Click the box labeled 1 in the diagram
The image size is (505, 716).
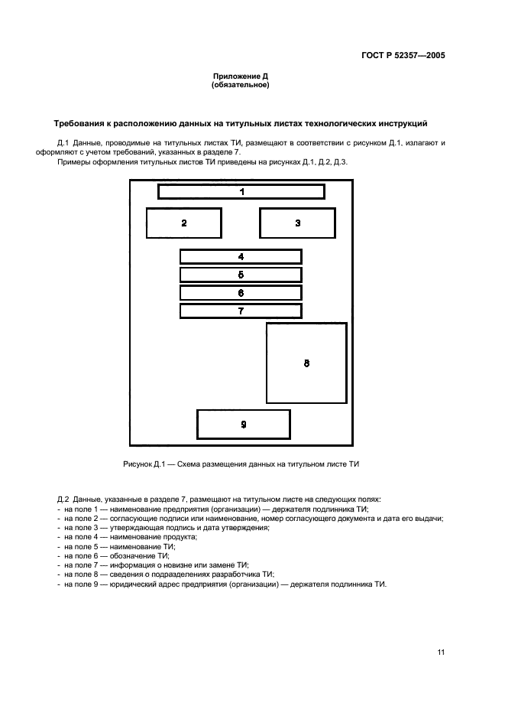(x=241, y=191)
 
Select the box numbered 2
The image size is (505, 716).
(x=183, y=223)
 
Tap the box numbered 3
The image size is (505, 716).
(x=297, y=223)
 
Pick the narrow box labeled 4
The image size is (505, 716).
(x=241, y=257)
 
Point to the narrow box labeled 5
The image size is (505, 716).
(x=241, y=275)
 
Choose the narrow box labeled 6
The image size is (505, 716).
(x=241, y=293)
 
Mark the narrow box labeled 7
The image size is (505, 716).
(x=241, y=311)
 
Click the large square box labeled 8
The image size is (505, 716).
(x=306, y=363)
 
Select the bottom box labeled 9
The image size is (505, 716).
(x=243, y=424)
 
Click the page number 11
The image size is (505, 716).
(x=441, y=652)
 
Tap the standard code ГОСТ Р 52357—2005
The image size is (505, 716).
(x=403, y=56)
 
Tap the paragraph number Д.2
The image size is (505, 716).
(x=63, y=500)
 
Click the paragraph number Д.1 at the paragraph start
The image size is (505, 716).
(x=63, y=143)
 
